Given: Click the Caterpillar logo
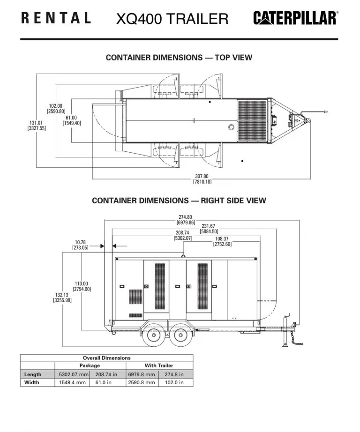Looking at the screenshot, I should click(295, 18).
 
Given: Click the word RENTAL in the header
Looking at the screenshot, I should click(56, 18).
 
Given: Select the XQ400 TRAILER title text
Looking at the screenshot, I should click(172, 19).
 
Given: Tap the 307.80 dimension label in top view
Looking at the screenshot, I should click(202, 179).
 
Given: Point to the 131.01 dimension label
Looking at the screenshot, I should click(37, 125).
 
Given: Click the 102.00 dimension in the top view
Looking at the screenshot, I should click(56, 108).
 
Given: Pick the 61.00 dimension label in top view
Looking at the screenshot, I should click(71, 120).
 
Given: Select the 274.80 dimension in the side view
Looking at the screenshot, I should click(186, 219).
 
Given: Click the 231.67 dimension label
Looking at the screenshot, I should click(209, 228).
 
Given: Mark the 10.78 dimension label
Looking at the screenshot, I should click(80, 245).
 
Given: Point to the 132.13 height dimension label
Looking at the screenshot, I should click(62, 298).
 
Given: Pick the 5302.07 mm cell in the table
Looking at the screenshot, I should click(74, 374).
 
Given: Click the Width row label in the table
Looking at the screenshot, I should click(32, 382).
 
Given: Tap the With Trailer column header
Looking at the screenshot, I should click(159, 365).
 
